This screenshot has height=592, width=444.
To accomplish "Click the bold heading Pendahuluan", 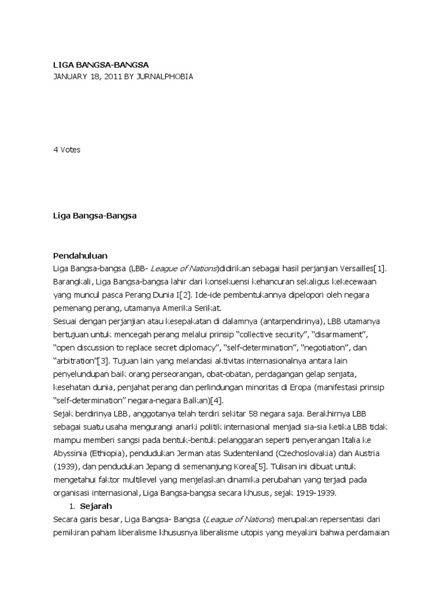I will click(x=80, y=255).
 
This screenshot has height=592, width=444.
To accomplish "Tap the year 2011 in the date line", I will click(x=112, y=76).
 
